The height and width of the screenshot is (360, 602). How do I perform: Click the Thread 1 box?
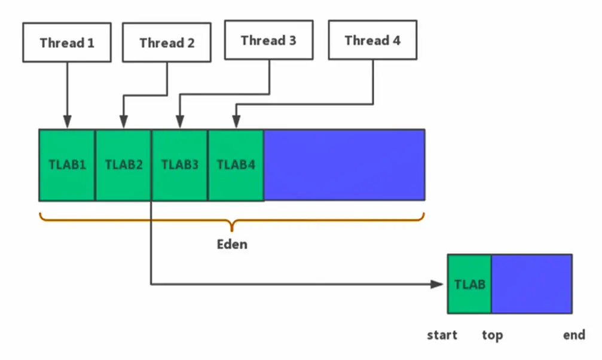[x=67, y=42]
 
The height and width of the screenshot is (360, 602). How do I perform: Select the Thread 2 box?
[x=167, y=42]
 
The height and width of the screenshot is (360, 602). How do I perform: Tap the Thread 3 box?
[x=269, y=40]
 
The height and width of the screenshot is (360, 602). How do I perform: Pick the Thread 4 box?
[x=373, y=40]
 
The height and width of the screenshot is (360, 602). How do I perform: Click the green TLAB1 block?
[x=67, y=165]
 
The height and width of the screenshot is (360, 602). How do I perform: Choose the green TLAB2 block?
[x=123, y=165]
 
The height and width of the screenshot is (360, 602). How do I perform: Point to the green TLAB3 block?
[x=180, y=165]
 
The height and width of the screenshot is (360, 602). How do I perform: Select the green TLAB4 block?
[x=236, y=165]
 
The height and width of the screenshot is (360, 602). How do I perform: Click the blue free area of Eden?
[x=344, y=165]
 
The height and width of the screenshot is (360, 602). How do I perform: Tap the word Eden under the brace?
[x=232, y=245]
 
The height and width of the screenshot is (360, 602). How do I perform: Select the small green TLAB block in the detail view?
[x=469, y=284]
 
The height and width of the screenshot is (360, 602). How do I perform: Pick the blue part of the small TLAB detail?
[x=531, y=284]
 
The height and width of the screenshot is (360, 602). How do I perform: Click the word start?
[x=442, y=335]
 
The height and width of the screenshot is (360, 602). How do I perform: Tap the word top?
[x=492, y=335]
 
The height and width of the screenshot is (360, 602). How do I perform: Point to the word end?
[x=574, y=335]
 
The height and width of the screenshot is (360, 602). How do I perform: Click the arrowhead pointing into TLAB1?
[x=67, y=122]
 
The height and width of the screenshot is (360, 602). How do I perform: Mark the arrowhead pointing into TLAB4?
[x=236, y=122]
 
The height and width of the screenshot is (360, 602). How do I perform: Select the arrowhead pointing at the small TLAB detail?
[x=437, y=284]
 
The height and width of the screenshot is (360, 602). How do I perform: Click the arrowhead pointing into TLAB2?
[x=123, y=122]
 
